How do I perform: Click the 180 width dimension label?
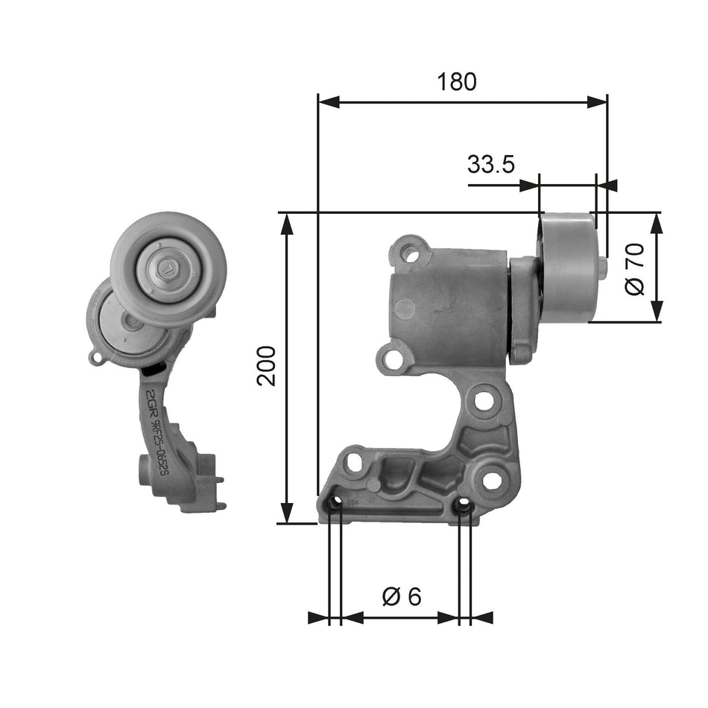[x=457, y=81]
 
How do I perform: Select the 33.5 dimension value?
[x=491, y=164]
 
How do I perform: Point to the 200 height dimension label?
[x=266, y=365]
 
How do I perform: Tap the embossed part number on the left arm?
[x=158, y=432]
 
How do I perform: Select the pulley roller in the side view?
[x=569, y=267]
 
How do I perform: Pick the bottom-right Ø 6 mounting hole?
[x=465, y=507]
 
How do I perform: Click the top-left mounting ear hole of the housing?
[x=410, y=253]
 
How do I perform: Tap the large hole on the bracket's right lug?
[x=492, y=481]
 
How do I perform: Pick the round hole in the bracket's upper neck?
[x=483, y=400]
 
